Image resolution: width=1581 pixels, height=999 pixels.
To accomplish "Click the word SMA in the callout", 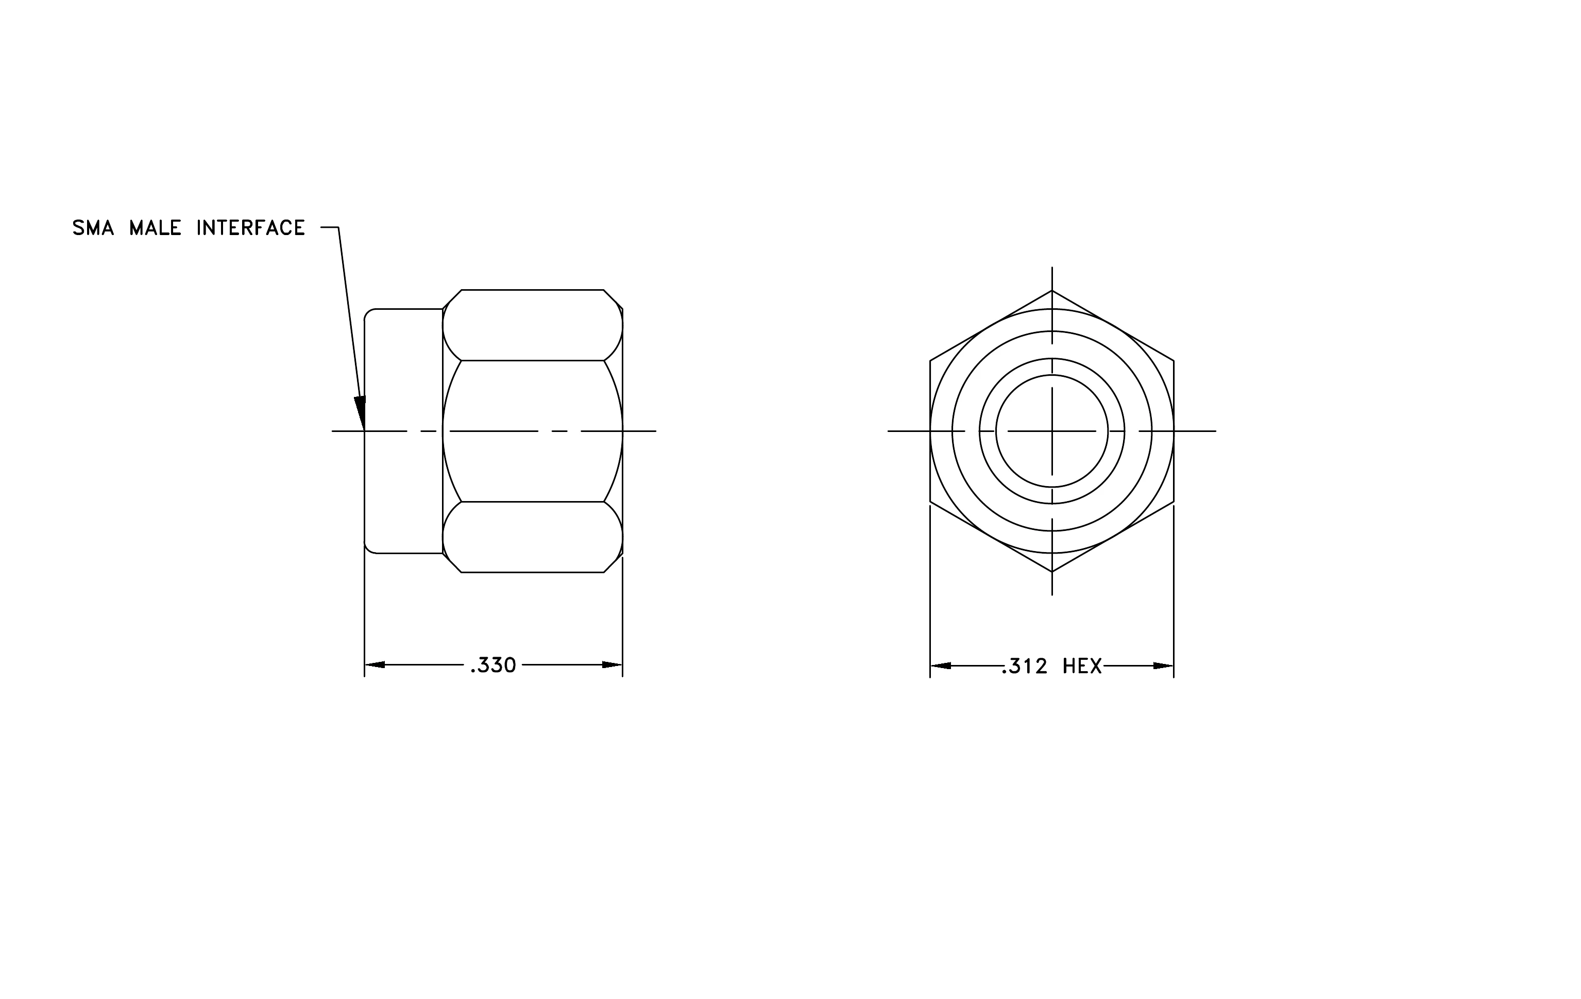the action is tap(93, 228).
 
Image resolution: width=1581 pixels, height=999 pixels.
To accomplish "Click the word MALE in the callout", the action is tap(155, 228).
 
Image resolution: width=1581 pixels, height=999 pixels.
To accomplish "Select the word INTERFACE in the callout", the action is tap(251, 228).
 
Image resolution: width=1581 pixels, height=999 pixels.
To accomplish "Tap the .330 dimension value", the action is tap(493, 665).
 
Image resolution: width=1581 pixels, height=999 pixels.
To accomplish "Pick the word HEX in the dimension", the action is tap(1082, 666).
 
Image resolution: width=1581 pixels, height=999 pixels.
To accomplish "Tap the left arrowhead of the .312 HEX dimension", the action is tap(941, 666).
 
